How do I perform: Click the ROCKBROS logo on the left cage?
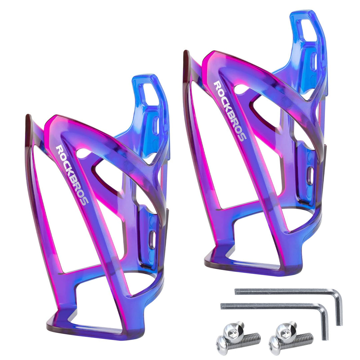[72, 175]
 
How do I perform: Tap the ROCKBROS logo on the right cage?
[230, 111]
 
